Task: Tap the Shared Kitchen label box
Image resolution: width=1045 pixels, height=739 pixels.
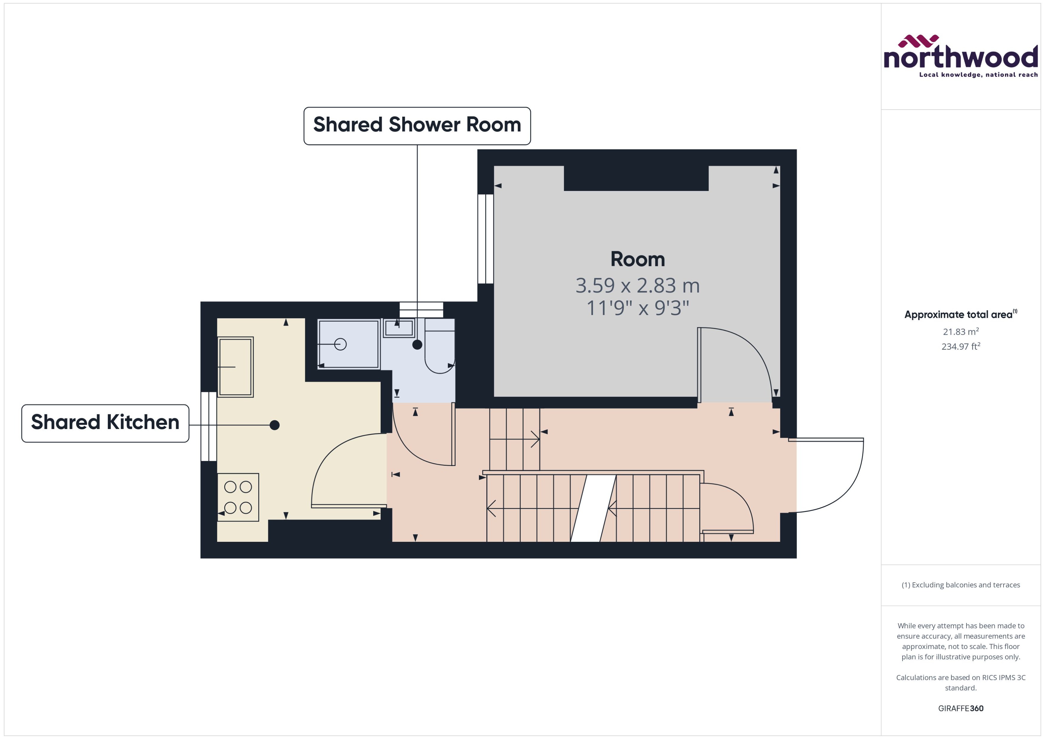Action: coord(105,423)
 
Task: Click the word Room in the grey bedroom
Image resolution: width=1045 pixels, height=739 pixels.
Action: coord(637,259)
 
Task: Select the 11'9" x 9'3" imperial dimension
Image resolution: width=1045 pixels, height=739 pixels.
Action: coord(637,308)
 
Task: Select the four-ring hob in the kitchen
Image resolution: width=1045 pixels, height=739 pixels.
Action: coord(238,497)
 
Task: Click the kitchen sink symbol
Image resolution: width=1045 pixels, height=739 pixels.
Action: coord(235,367)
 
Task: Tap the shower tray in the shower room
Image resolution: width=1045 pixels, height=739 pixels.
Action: coord(348,344)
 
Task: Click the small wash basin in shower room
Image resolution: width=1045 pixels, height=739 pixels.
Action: coord(399,328)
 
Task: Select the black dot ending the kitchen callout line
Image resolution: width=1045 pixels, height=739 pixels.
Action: coord(275,425)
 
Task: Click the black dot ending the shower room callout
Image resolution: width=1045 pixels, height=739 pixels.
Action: coord(417,345)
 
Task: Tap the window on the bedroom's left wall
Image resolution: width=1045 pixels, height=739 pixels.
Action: coord(485,239)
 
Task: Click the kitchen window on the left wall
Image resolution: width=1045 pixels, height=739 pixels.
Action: coord(208,426)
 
